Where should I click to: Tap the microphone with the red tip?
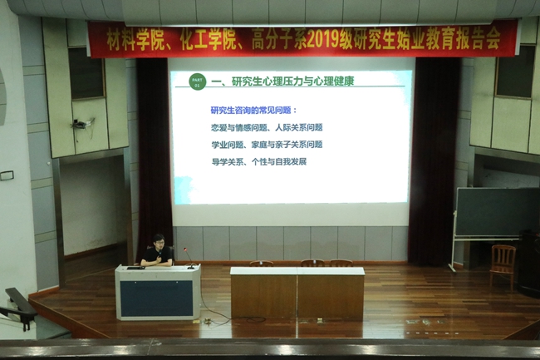click(x=184, y=249)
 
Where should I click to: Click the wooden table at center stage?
click(x=297, y=292)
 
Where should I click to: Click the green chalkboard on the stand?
click(x=496, y=211)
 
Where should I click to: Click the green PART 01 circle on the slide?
click(x=196, y=81)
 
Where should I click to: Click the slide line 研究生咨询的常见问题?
click(x=253, y=111)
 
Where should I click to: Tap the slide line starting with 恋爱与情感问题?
click(x=267, y=128)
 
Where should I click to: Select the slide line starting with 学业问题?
click(x=267, y=145)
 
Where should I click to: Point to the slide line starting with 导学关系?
click(x=259, y=161)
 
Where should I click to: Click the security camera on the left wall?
click(x=81, y=123)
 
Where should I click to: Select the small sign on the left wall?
click(x=7, y=175)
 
